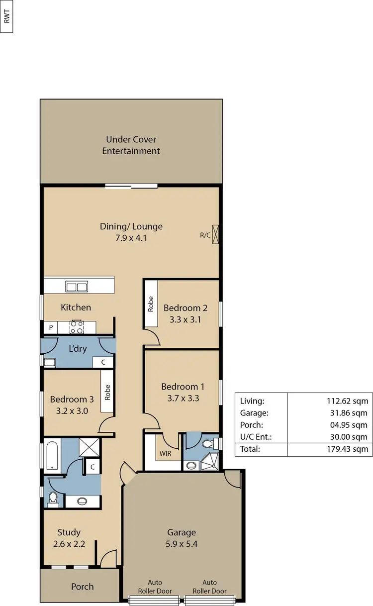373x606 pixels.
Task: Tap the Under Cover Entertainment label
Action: (131, 145)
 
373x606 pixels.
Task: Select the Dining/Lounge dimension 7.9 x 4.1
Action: (131, 238)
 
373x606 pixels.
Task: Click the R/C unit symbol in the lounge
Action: (215, 235)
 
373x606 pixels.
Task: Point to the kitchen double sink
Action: (77, 287)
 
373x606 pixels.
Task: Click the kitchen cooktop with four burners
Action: (76, 327)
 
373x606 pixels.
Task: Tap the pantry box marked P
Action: (50, 328)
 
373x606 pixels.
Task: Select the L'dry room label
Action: (78, 348)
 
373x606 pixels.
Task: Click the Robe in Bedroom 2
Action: (151, 304)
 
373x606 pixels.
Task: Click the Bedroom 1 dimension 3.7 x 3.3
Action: (183, 398)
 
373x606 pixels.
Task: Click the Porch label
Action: (82, 587)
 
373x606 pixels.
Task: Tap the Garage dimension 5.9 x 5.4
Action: (182, 544)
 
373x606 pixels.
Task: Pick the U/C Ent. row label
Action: (254, 437)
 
